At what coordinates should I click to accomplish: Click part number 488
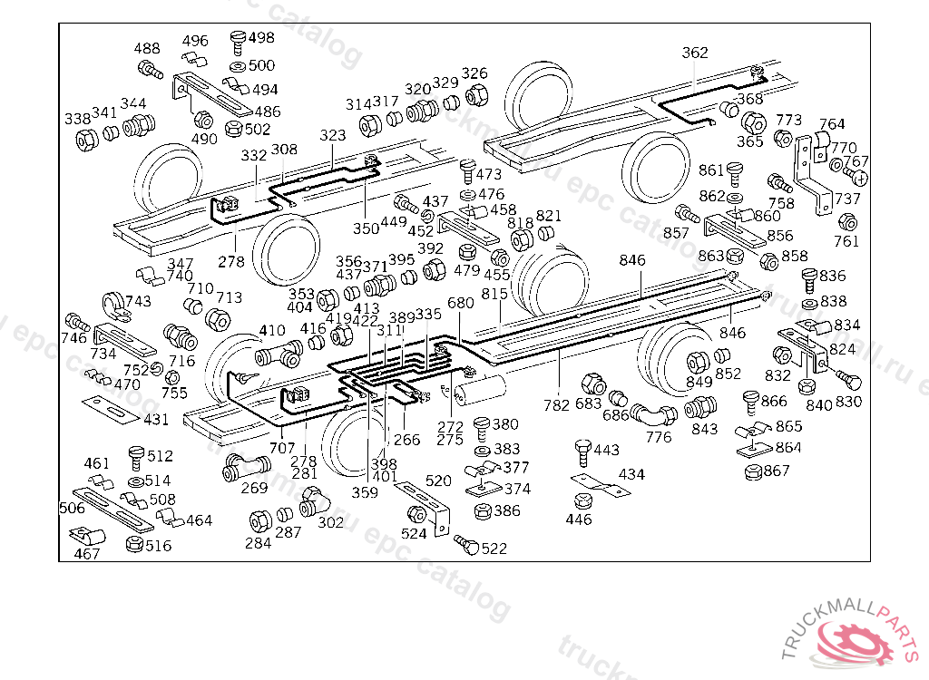[x=147, y=49]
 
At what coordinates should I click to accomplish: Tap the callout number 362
[x=695, y=53]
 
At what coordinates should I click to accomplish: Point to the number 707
[x=282, y=447]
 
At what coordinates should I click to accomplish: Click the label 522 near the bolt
[x=494, y=549]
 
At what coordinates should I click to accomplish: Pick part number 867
[x=777, y=471]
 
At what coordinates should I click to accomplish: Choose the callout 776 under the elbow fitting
[x=659, y=437]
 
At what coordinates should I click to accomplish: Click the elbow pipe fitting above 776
[x=654, y=415]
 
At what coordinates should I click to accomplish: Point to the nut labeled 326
[x=474, y=93]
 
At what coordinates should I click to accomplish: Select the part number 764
[x=832, y=124]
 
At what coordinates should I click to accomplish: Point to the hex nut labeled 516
[x=135, y=545]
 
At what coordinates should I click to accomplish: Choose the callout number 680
[x=461, y=303]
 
